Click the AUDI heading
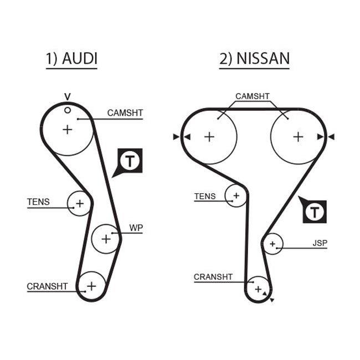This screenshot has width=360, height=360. (71, 59)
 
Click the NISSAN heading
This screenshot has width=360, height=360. (254, 59)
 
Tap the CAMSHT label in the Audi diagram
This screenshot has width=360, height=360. (125, 113)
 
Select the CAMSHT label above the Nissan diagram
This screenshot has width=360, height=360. (252, 96)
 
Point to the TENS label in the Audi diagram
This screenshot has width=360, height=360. (38, 202)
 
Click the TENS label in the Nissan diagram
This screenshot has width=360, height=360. (205, 196)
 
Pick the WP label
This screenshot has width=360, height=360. (136, 228)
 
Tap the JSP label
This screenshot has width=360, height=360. (320, 243)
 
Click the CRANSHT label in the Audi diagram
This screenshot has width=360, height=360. (47, 286)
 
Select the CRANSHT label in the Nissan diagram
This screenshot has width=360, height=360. (213, 277)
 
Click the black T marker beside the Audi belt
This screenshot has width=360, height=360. (130, 161)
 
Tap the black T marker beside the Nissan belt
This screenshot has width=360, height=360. (315, 211)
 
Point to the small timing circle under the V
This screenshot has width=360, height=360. (68, 110)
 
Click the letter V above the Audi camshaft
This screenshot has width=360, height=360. (68, 96)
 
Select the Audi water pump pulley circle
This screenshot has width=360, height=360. (105, 239)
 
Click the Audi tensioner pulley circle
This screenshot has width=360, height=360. (79, 203)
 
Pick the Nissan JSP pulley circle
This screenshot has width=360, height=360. (272, 243)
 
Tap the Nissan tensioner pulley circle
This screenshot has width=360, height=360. (236, 196)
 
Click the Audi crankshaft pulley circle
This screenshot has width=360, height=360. (91, 286)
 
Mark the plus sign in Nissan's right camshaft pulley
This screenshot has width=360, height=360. (298, 136)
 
